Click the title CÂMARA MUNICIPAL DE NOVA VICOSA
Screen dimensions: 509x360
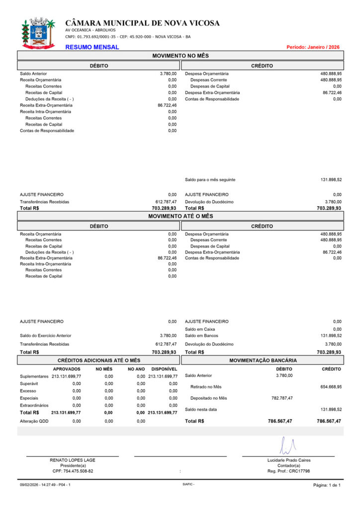(142, 23)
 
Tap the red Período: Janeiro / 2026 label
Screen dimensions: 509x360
(313, 47)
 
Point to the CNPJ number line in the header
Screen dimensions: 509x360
(128, 36)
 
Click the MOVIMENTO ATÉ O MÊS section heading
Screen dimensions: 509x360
(180, 216)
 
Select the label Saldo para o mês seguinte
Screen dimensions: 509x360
(210, 180)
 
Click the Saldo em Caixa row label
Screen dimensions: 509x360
(200, 329)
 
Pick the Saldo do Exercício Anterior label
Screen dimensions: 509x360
(46, 336)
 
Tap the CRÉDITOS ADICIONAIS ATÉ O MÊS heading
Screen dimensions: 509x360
(99, 360)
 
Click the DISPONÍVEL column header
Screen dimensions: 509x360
(164, 369)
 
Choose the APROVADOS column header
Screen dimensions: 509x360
(67, 369)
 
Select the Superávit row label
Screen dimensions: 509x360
(29, 384)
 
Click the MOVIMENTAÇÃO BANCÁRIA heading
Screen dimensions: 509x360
(262, 360)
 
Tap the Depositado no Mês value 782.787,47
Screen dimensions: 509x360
(282, 398)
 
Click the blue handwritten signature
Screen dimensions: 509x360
(287, 446)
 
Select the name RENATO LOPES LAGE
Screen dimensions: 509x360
(73, 460)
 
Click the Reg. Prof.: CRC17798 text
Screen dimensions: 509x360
(288, 471)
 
